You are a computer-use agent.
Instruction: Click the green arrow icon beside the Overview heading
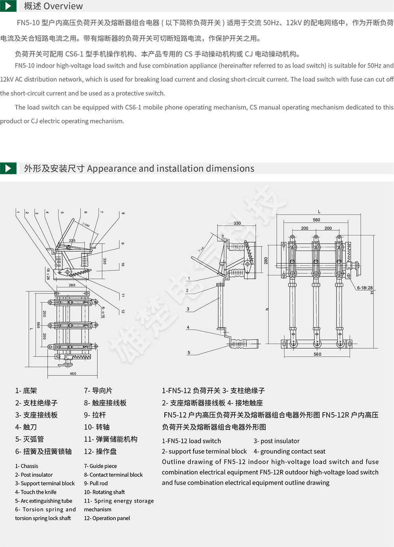pyautogui.click(x=8, y=6)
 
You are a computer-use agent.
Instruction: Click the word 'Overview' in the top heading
pyautogui.click(x=63, y=6)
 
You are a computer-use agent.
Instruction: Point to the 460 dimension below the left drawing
pyautogui.click(x=73, y=373)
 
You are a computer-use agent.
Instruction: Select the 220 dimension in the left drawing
pyautogui.click(x=72, y=240)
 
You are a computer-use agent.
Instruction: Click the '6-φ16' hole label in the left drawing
pyautogui.click(x=103, y=312)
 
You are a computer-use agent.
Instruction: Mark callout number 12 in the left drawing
pyautogui.click(x=123, y=311)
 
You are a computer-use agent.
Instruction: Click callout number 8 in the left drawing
pyautogui.click(x=123, y=213)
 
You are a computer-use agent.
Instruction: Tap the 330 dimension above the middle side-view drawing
pyautogui.click(x=237, y=223)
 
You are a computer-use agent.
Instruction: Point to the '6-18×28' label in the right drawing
pyautogui.click(x=364, y=288)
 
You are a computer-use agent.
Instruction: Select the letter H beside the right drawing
pyautogui.click(x=371, y=292)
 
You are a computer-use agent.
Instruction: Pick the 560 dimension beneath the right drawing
pyautogui.click(x=317, y=354)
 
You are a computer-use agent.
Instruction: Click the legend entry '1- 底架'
pyautogui.click(x=26, y=390)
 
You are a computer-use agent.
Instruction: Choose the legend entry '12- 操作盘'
pyautogui.click(x=100, y=451)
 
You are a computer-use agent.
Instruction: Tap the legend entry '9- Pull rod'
pyautogui.click(x=96, y=483)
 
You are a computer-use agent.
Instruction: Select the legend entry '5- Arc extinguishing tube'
pyautogui.click(x=44, y=501)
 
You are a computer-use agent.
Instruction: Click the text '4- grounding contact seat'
pyautogui.click(x=290, y=451)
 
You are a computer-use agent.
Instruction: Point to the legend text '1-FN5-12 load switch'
pyautogui.click(x=191, y=441)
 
